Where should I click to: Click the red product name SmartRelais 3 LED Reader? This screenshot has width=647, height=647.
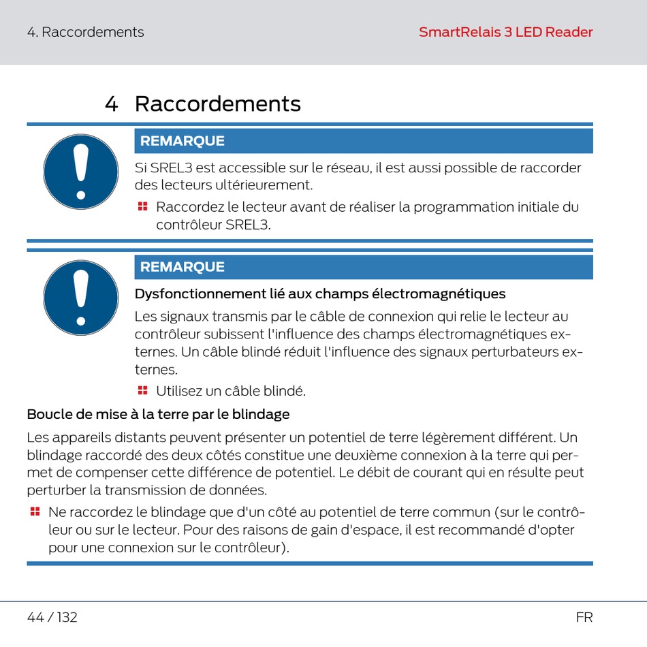[505, 32]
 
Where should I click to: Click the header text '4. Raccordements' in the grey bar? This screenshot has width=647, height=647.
[85, 32]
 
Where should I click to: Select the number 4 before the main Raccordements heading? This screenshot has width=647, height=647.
[112, 104]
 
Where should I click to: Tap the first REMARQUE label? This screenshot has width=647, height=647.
[182, 141]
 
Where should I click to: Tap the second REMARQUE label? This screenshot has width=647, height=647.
[182, 267]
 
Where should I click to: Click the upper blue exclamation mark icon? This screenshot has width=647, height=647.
[81, 171]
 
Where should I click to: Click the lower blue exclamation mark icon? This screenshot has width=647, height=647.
[81, 298]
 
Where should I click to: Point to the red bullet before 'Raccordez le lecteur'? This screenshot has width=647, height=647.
[142, 206]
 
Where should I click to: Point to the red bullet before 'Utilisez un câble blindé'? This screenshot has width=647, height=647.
[142, 390]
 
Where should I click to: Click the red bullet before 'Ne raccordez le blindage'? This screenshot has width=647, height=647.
[35, 511]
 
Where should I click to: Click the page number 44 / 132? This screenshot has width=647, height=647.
[52, 618]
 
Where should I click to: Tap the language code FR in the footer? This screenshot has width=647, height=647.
[584, 618]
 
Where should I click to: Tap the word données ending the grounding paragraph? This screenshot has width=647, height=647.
[240, 490]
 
